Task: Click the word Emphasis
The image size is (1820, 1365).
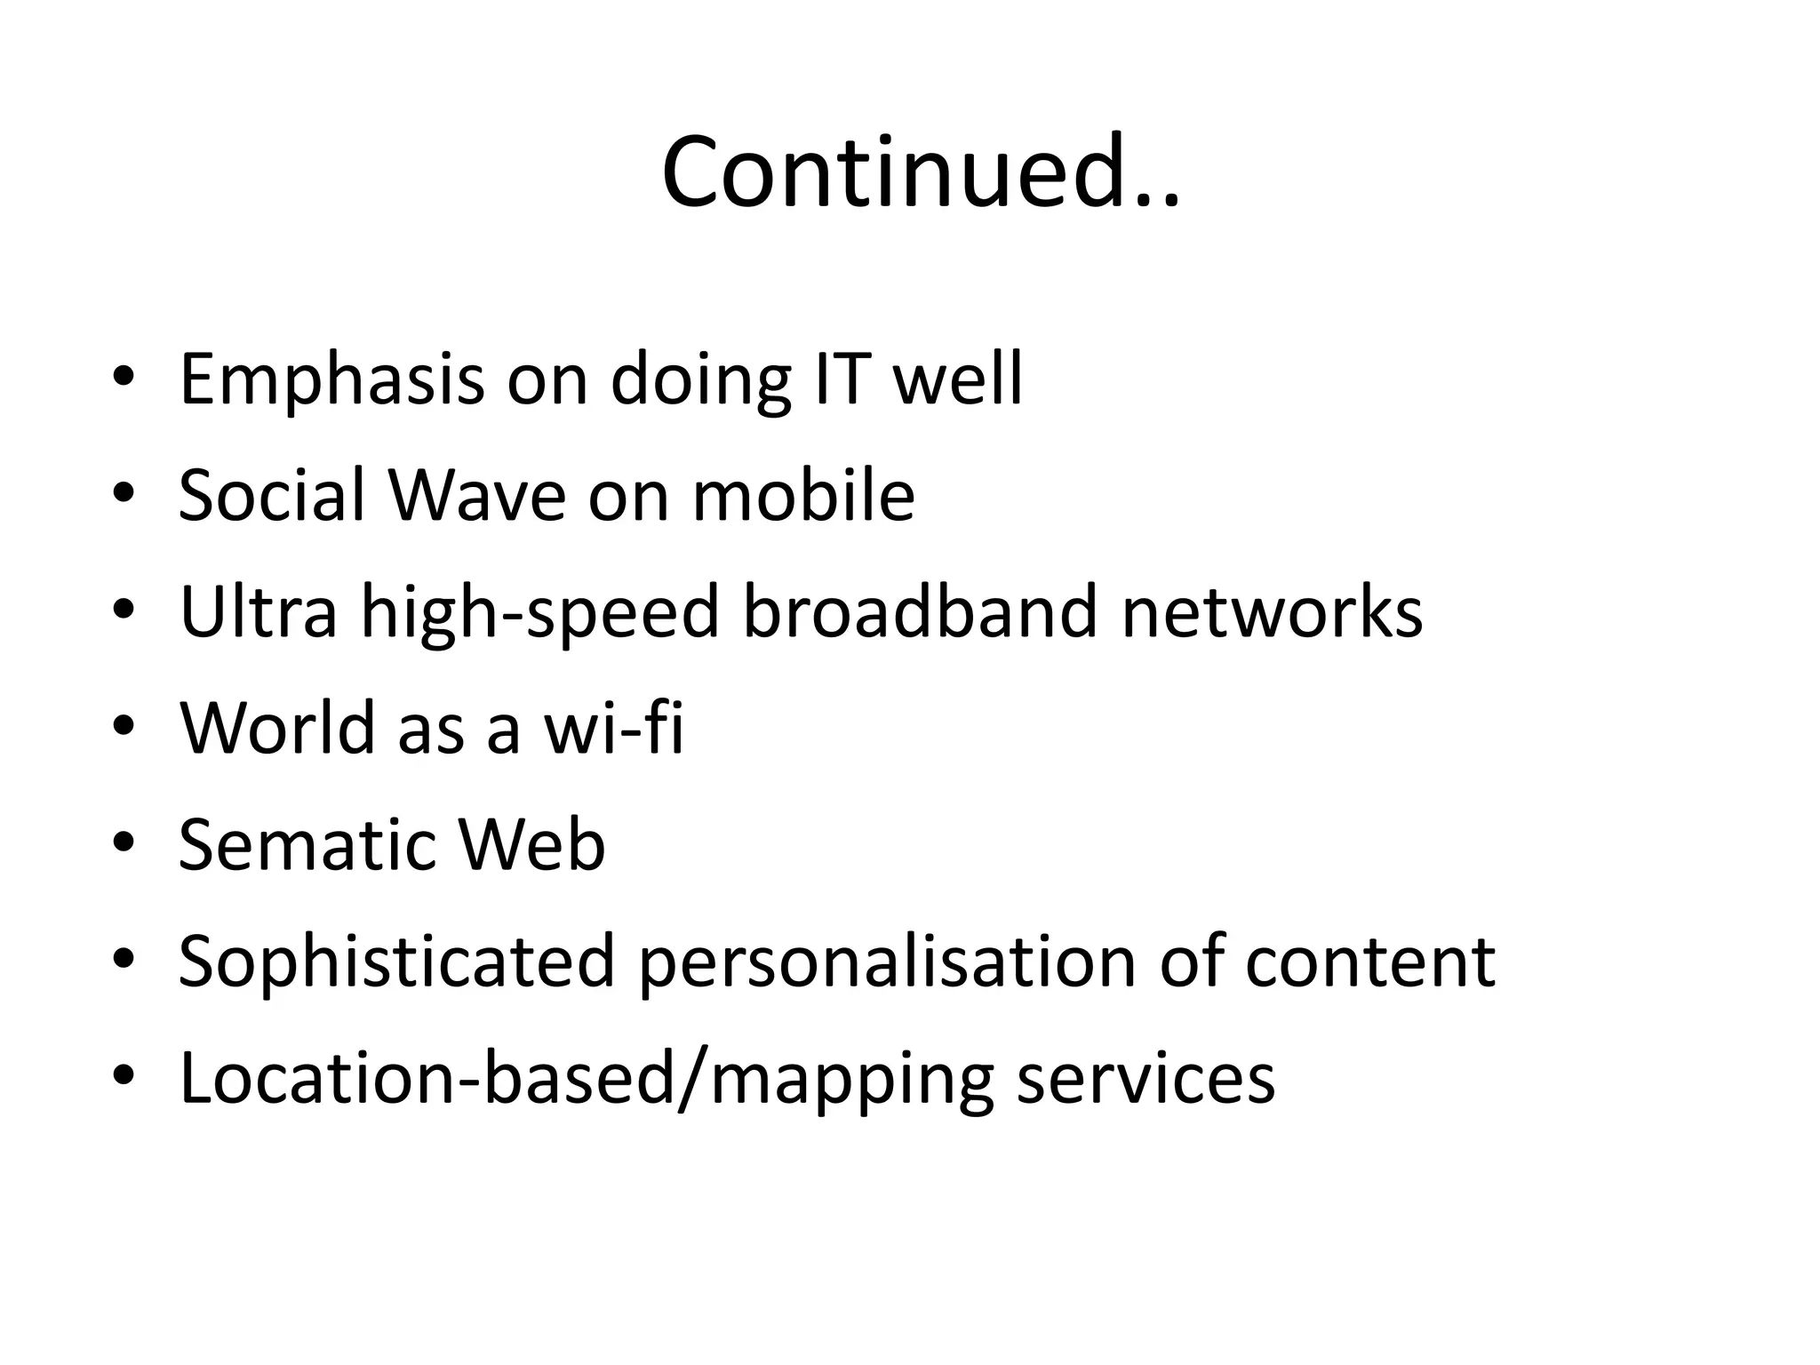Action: [331, 380]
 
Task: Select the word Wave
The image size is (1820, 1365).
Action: [477, 495]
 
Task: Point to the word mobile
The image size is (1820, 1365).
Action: [803, 495]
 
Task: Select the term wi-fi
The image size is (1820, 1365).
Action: [614, 728]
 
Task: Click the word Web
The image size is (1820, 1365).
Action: [531, 844]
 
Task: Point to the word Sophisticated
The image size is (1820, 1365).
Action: [396, 962]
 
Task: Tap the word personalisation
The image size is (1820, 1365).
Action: [887, 962]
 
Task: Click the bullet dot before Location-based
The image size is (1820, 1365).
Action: [124, 1077]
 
